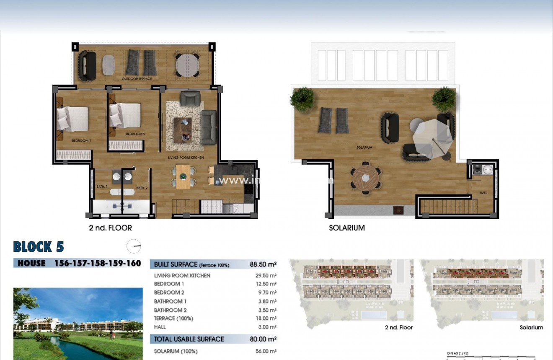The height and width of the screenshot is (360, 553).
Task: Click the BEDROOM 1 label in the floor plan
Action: click(81, 141)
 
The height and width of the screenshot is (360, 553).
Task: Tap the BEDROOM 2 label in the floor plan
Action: click(135, 134)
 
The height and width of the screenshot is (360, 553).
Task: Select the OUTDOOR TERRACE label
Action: click(137, 79)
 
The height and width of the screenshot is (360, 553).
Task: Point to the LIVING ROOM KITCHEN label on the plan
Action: click(186, 158)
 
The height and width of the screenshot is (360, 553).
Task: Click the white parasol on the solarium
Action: click(432, 136)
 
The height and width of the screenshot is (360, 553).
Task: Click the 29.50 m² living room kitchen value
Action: click(267, 276)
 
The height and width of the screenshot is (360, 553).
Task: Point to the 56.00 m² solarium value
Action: click(267, 352)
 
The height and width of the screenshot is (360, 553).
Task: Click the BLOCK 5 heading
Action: click(39, 247)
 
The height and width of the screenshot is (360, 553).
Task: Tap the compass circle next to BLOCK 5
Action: click(134, 246)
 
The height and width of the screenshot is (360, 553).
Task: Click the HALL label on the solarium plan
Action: click(483, 193)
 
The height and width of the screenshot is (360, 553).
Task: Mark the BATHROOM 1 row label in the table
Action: click(170, 301)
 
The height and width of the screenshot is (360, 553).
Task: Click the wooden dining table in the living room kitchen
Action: click(183, 176)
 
